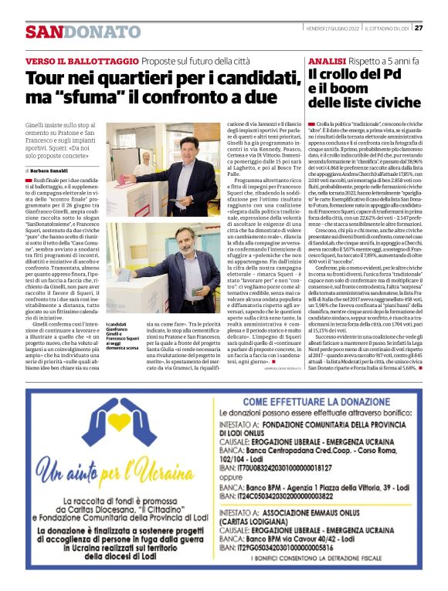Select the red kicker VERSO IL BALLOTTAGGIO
tap(71, 60)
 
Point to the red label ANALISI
tap(325, 60)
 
